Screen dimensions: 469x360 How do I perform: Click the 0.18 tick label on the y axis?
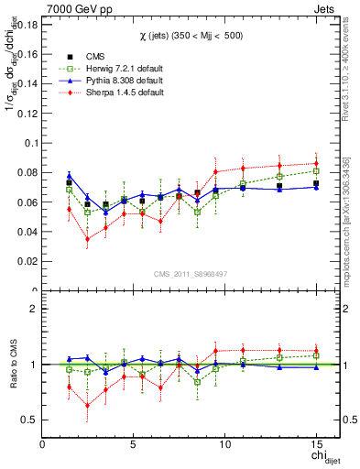(x=26, y=25)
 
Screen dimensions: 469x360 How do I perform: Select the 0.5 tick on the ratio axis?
(x=29, y=420)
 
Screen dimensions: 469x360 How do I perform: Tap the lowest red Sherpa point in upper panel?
(x=87, y=239)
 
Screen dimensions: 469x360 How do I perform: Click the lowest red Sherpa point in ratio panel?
(x=87, y=405)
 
